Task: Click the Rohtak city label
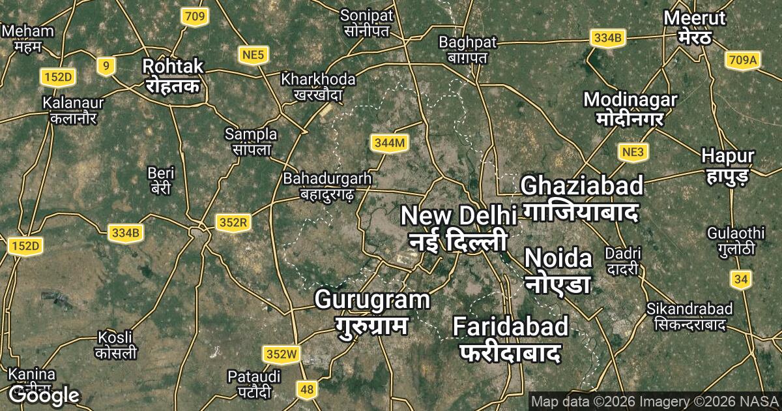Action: [173, 75]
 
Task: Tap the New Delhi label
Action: [458, 228]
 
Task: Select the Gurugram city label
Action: [372, 311]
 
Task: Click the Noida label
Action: [558, 270]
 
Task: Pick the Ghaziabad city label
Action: [582, 198]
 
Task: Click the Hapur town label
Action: [728, 164]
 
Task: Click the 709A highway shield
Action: [742, 61]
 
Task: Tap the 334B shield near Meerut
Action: [608, 38]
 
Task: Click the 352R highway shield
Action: [233, 223]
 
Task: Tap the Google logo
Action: [44, 394]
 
